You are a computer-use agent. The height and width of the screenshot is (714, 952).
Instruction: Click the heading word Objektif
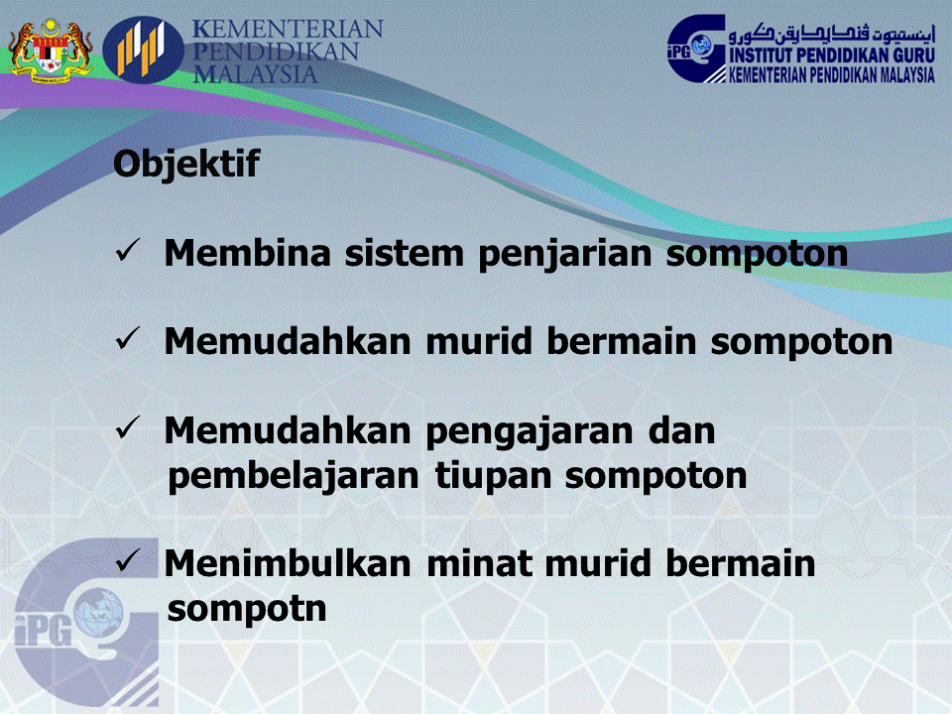186,165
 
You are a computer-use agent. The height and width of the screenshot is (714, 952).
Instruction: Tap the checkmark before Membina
132,253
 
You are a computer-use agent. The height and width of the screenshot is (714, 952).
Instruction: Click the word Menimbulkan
287,564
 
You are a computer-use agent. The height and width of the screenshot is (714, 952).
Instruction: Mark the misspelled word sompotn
247,608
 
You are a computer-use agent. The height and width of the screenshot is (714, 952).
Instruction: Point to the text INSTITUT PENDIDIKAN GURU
832,57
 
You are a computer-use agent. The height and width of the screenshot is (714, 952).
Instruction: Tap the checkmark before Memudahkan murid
132,341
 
